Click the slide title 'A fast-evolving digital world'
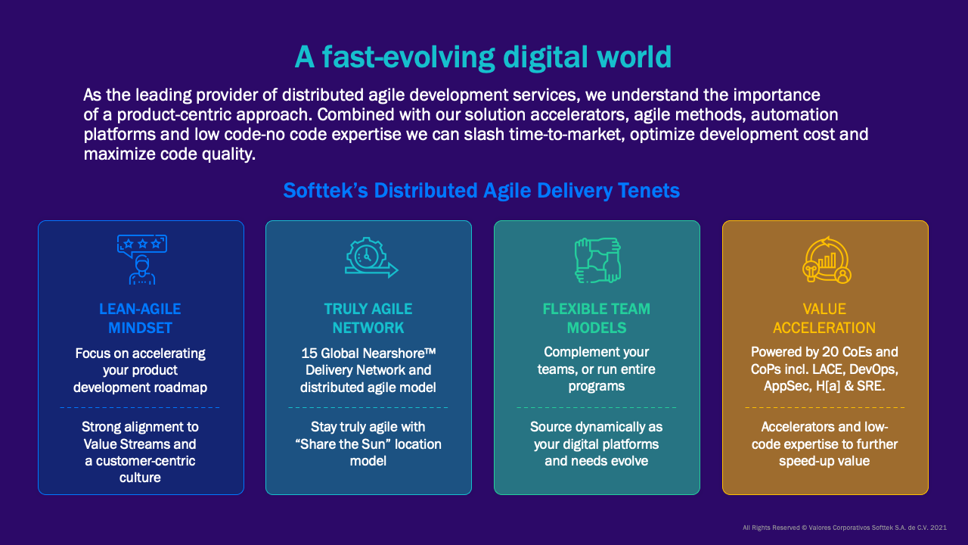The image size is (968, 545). pos(482,57)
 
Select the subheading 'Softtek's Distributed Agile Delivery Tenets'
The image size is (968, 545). pos(482,191)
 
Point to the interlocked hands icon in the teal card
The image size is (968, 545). pos(597,259)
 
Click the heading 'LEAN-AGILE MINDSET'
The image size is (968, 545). pos(140,319)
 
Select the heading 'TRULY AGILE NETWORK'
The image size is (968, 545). pos(368,319)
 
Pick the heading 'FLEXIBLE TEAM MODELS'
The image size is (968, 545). pos(597,319)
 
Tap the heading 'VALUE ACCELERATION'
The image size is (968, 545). pos(824,319)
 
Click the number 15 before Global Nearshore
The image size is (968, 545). pos(309,353)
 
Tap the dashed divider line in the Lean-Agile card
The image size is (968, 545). pos(140,407)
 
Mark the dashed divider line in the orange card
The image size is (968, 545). pos(825,407)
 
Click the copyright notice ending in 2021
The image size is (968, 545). pos(844,528)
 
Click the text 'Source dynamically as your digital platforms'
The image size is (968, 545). pos(597,436)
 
